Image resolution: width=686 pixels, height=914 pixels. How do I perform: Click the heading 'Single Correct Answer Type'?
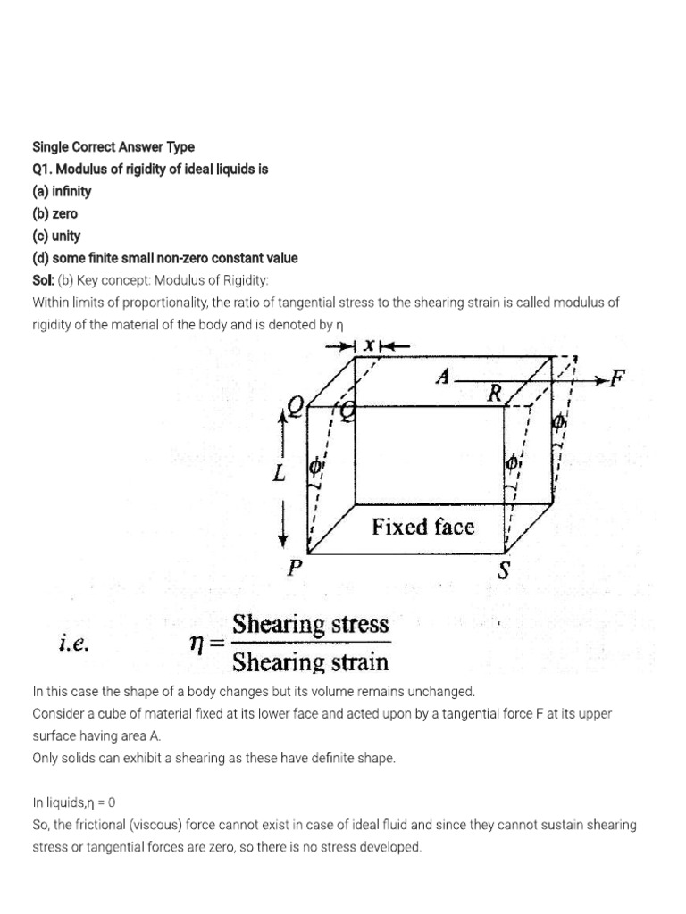tap(113, 146)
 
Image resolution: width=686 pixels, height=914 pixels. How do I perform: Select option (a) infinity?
tap(62, 191)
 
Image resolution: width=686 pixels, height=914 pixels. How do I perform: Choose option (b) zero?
tap(54, 213)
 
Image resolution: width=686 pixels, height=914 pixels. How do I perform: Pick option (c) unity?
tap(56, 236)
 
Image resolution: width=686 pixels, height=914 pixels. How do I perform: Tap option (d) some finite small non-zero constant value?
tap(165, 258)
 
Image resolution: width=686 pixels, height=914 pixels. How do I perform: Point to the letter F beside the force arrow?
tap(615, 379)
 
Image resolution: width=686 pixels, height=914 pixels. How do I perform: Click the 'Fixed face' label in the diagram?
tap(423, 527)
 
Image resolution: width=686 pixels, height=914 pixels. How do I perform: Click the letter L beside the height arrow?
tap(280, 474)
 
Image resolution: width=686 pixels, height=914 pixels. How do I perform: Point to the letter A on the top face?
tap(441, 377)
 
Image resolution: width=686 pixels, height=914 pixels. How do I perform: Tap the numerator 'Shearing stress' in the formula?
tap(311, 624)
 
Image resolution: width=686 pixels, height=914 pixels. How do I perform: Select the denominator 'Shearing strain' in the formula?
tap(311, 661)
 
